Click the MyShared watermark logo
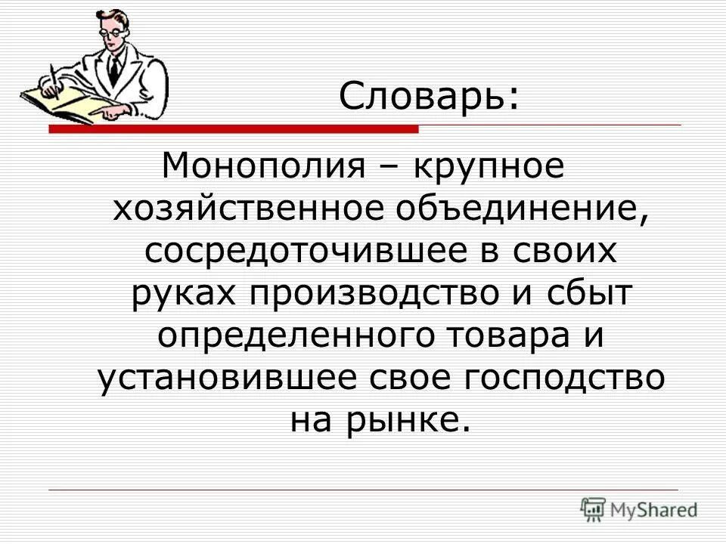[x=639, y=510]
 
